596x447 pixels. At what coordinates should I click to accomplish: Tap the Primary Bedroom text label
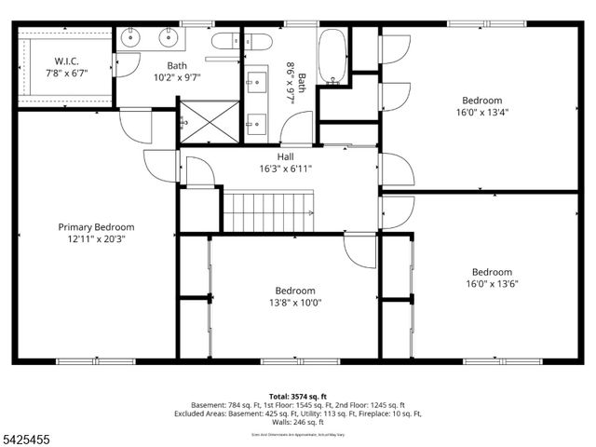(x=96, y=226)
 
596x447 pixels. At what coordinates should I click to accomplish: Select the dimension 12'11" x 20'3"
(x=96, y=238)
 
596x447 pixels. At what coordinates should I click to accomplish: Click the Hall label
(x=272, y=156)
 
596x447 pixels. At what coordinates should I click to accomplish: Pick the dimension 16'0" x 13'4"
(x=481, y=112)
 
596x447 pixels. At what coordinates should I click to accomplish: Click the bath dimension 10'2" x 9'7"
(x=177, y=78)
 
